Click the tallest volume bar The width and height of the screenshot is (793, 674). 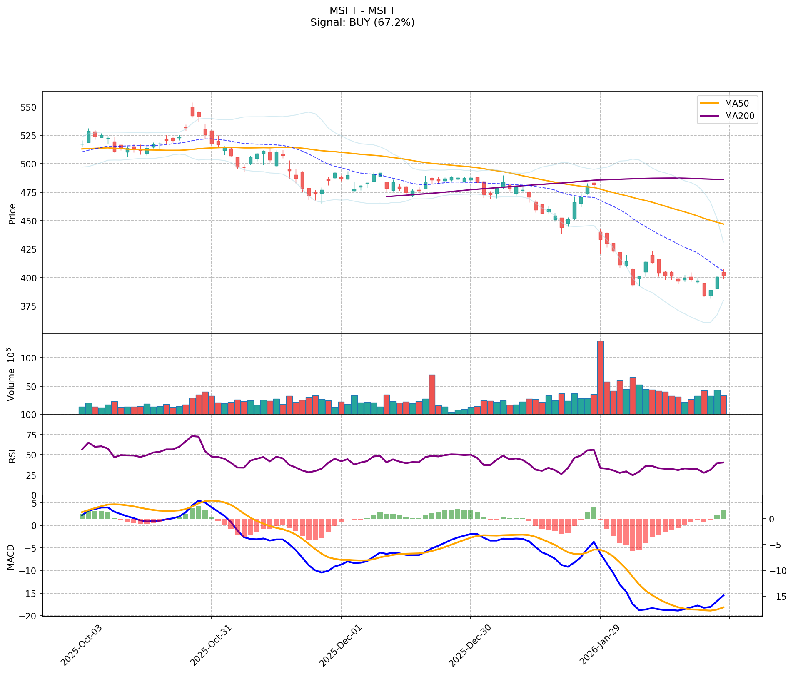pos(600,377)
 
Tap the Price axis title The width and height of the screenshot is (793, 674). pos(12,214)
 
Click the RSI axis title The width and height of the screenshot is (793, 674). pos(12,455)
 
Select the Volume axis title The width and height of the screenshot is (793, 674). pos(12,373)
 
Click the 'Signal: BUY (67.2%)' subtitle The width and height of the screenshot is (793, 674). pos(362,22)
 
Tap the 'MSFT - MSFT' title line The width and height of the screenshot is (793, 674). pos(362,10)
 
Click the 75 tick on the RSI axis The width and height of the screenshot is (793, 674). pos(32,435)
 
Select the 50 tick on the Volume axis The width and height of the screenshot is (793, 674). pos(32,386)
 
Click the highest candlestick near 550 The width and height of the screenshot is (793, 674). pos(192,111)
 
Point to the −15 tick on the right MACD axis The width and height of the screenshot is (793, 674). pos(776,597)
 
